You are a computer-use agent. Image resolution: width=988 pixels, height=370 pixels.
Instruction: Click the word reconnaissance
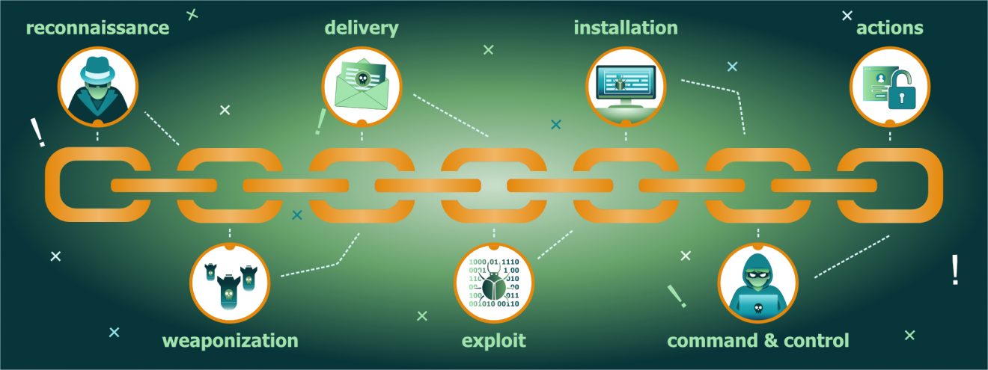[x=98, y=28]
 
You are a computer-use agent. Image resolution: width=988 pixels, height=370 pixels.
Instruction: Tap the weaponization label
[x=230, y=341]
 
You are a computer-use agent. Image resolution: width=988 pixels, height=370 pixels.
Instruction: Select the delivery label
[x=362, y=28]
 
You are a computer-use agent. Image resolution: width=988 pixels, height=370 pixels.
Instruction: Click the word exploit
[x=493, y=341]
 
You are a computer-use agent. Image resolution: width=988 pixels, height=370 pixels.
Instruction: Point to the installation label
[x=626, y=28]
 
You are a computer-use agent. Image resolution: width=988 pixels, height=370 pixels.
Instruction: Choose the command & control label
[x=757, y=341]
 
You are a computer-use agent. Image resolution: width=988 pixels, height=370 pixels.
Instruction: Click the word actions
[x=889, y=28]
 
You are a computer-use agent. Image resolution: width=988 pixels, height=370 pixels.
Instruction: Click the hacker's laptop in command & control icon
[x=757, y=303]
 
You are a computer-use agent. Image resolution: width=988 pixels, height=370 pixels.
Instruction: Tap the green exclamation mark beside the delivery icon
[x=320, y=121]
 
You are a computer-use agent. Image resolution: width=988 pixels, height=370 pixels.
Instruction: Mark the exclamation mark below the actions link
[x=955, y=270]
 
